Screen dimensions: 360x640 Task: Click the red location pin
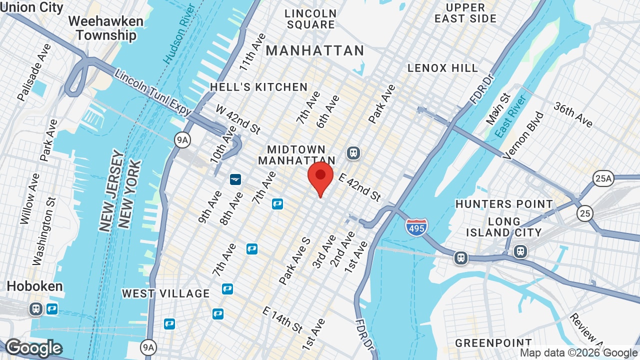[320, 178]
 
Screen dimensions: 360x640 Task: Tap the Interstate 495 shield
[416, 226]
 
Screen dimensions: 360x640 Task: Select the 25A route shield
[603, 178]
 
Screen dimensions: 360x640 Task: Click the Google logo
[33, 348]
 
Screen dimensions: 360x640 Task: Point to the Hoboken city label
[34, 286]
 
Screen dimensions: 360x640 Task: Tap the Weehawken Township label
[106, 28]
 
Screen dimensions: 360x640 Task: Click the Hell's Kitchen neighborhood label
[258, 87]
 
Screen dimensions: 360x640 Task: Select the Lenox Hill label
[442, 68]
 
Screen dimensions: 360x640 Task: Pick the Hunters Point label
[504, 204]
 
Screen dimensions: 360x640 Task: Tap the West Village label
[165, 293]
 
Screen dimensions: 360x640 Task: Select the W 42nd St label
[238, 119]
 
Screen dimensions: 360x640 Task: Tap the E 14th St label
[282, 319]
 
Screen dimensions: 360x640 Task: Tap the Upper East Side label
[465, 13]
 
